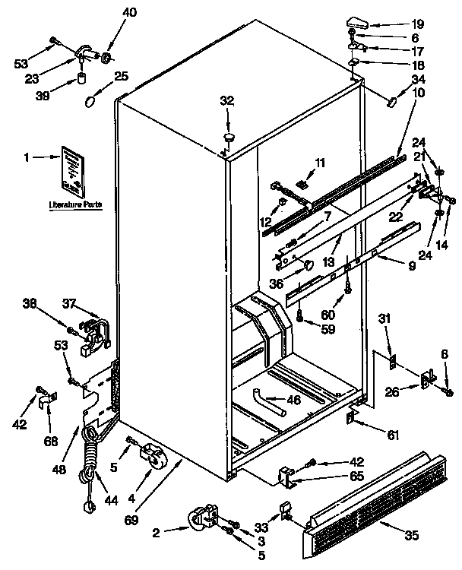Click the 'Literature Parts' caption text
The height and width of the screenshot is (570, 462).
coord(75,205)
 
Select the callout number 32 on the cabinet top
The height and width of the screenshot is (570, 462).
coord(226,100)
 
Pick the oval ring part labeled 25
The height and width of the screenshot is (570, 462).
coord(92,101)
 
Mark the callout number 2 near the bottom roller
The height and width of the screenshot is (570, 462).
coord(156,532)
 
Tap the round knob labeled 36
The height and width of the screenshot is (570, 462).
coord(308,264)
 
